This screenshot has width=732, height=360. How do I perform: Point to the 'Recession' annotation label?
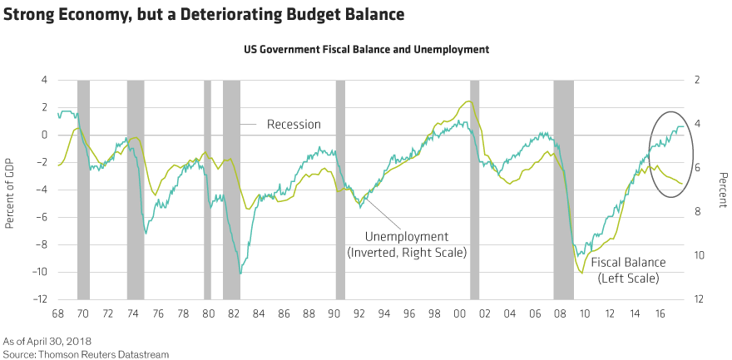[294, 125]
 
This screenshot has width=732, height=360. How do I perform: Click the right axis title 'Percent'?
[721, 190]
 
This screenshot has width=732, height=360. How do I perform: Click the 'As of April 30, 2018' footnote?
[46, 341]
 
